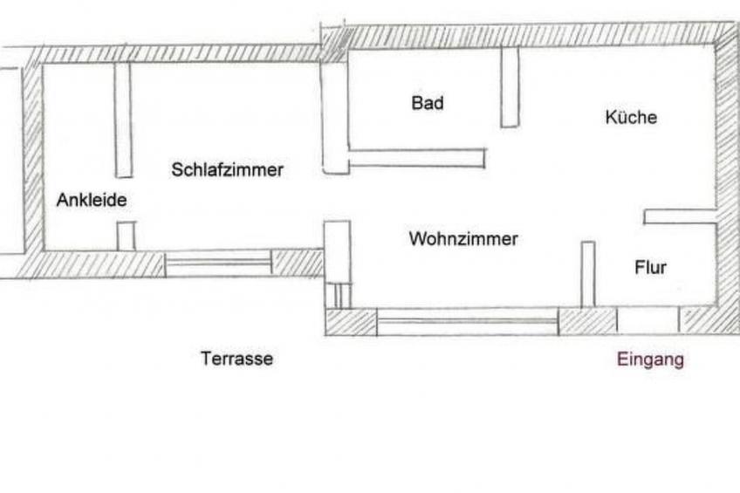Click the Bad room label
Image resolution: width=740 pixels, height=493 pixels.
[x=428, y=104]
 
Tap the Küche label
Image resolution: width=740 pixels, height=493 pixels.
[x=631, y=117]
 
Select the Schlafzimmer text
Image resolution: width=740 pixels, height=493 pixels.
[x=227, y=170]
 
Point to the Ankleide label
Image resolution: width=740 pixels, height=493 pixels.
[x=92, y=201]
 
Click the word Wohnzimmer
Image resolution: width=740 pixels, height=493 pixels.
[x=463, y=239]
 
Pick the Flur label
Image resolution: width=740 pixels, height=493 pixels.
[x=650, y=267]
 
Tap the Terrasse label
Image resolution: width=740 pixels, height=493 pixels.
[x=236, y=359]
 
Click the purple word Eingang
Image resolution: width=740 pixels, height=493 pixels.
[x=650, y=359]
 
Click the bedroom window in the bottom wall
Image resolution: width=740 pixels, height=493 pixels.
[x=218, y=263]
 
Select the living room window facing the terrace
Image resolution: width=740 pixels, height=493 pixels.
[x=467, y=322]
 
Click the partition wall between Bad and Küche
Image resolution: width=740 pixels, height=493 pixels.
[x=510, y=87]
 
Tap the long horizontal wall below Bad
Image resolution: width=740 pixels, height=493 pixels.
[x=417, y=158]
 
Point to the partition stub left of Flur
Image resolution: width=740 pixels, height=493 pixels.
[x=587, y=274]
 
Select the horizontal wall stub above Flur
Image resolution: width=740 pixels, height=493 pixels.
[x=680, y=216]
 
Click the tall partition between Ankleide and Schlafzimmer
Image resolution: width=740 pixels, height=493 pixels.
[x=123, y=120]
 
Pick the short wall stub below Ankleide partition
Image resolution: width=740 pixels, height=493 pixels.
[x=127, y=236]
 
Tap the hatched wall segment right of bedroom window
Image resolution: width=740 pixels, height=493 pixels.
[x=297, y=263]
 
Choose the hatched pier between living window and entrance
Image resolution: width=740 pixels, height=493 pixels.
[x=587, y=321]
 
